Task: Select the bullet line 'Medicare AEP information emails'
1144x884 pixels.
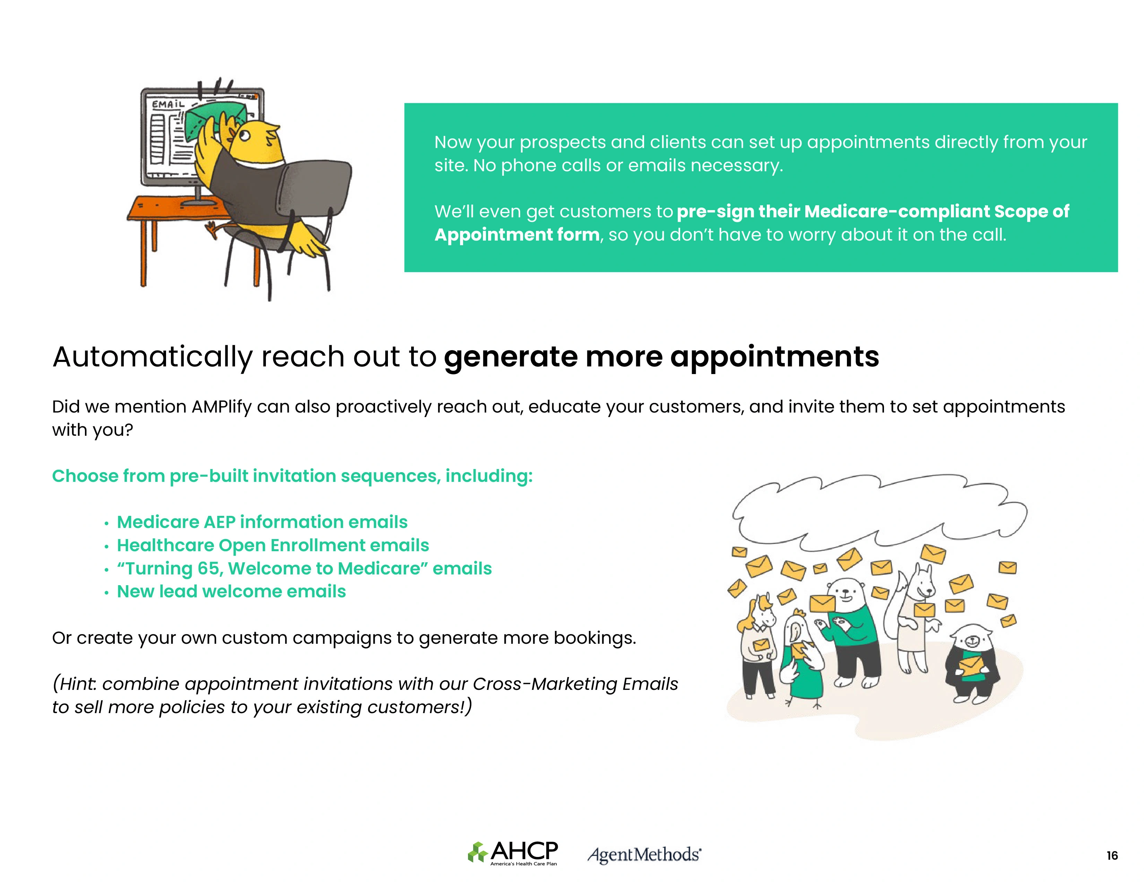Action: (x=262, y=522)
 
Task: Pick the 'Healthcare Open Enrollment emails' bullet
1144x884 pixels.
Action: (x=273, y=545)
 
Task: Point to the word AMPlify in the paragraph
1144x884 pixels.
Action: (x=222, y=407)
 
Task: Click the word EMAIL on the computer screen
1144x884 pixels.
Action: (x=168, y=104)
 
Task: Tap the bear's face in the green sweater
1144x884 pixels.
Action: (x=847, y=595)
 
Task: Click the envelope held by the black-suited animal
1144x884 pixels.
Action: (x=971, y=667)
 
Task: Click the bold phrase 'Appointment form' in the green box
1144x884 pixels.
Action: (x=517, y=235)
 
